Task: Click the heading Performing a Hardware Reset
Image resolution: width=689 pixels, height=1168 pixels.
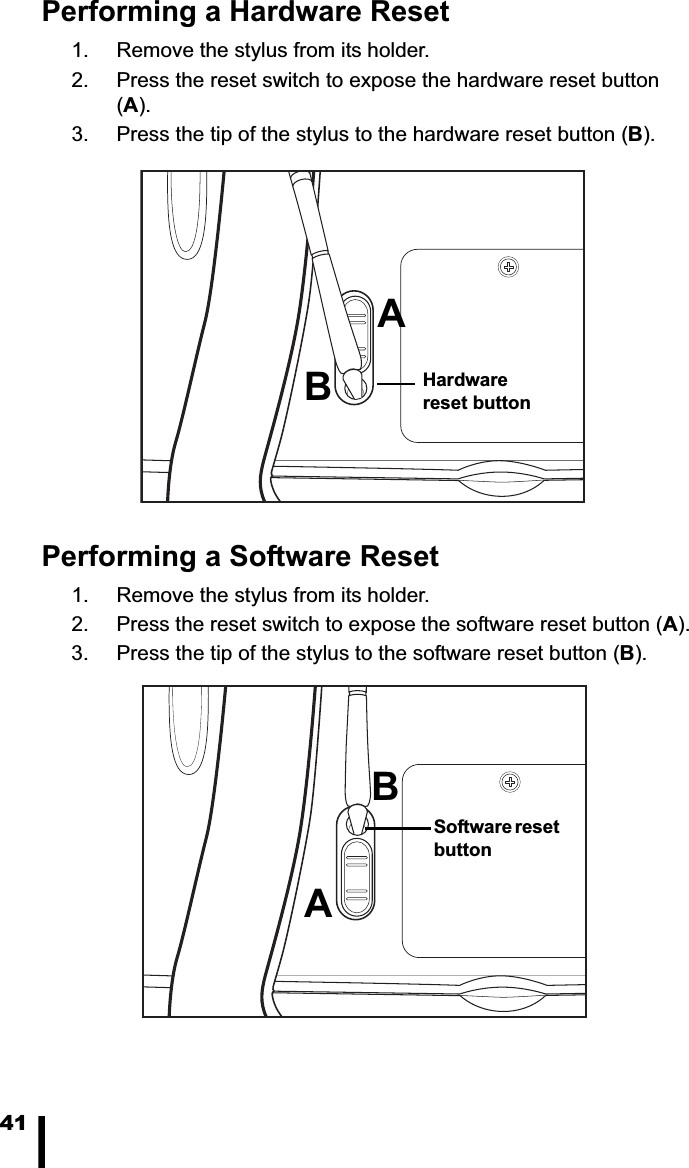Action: [x=245, y=14]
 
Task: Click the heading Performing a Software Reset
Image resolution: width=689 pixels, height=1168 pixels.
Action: [x=240, y=556]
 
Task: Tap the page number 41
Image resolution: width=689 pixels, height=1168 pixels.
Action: [x=14, y=1124]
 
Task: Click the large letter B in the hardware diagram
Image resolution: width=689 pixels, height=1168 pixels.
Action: [x=317, y=386]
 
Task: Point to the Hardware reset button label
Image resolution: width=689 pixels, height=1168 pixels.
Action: [x=476, y=392]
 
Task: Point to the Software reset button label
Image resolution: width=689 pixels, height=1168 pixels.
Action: [x=496, y=838]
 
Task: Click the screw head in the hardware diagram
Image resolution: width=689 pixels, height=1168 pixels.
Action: [x=509, y=267]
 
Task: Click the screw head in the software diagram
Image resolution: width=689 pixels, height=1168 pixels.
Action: [x=510, y=782]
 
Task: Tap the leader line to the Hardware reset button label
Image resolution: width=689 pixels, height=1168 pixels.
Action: [x=395, y=383]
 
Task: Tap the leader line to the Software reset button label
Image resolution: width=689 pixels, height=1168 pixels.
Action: [x=400, y=828]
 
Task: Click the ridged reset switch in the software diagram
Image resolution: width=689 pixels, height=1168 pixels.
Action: [x=356, y=876]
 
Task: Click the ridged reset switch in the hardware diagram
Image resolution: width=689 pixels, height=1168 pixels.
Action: [x=358, y=330]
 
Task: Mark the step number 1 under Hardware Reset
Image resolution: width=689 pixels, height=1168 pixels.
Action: [x=78, y=50]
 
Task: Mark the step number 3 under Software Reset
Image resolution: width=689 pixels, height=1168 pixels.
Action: [x=78, y=654]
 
